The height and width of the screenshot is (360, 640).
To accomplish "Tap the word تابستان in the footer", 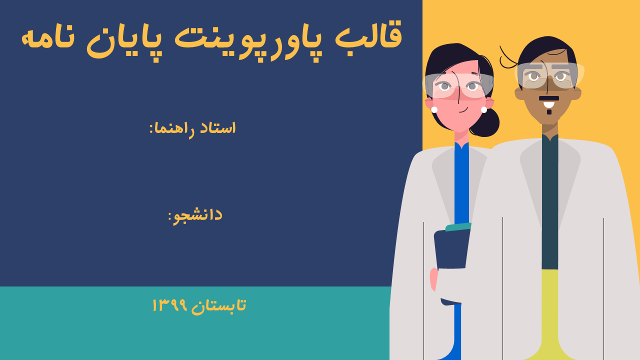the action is pyautogui.click(x=218, y=305).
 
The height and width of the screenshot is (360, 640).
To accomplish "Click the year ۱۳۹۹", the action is pyautogui.click(x=169, y=305).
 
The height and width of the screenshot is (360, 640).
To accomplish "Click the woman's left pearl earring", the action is pyautogui.click(x=434, y=109).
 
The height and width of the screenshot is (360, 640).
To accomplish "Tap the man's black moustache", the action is pyautogui.click(x=549, y=98).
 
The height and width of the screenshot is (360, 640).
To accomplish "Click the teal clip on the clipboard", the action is pyautogui.click(x=458, y=227).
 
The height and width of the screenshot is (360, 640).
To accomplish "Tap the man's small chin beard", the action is pyautogui.click(x=549, y=112).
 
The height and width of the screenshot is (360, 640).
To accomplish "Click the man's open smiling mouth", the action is pyautogui.click(x=549, y=104).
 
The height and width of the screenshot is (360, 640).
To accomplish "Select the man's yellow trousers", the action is pyautogui.click(x=549, y=314).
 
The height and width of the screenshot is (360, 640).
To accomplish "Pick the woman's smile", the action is pyautogui.click(x=463, y=110).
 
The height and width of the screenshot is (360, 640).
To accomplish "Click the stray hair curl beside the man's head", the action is pyautogui.click(x=507, y=58).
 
